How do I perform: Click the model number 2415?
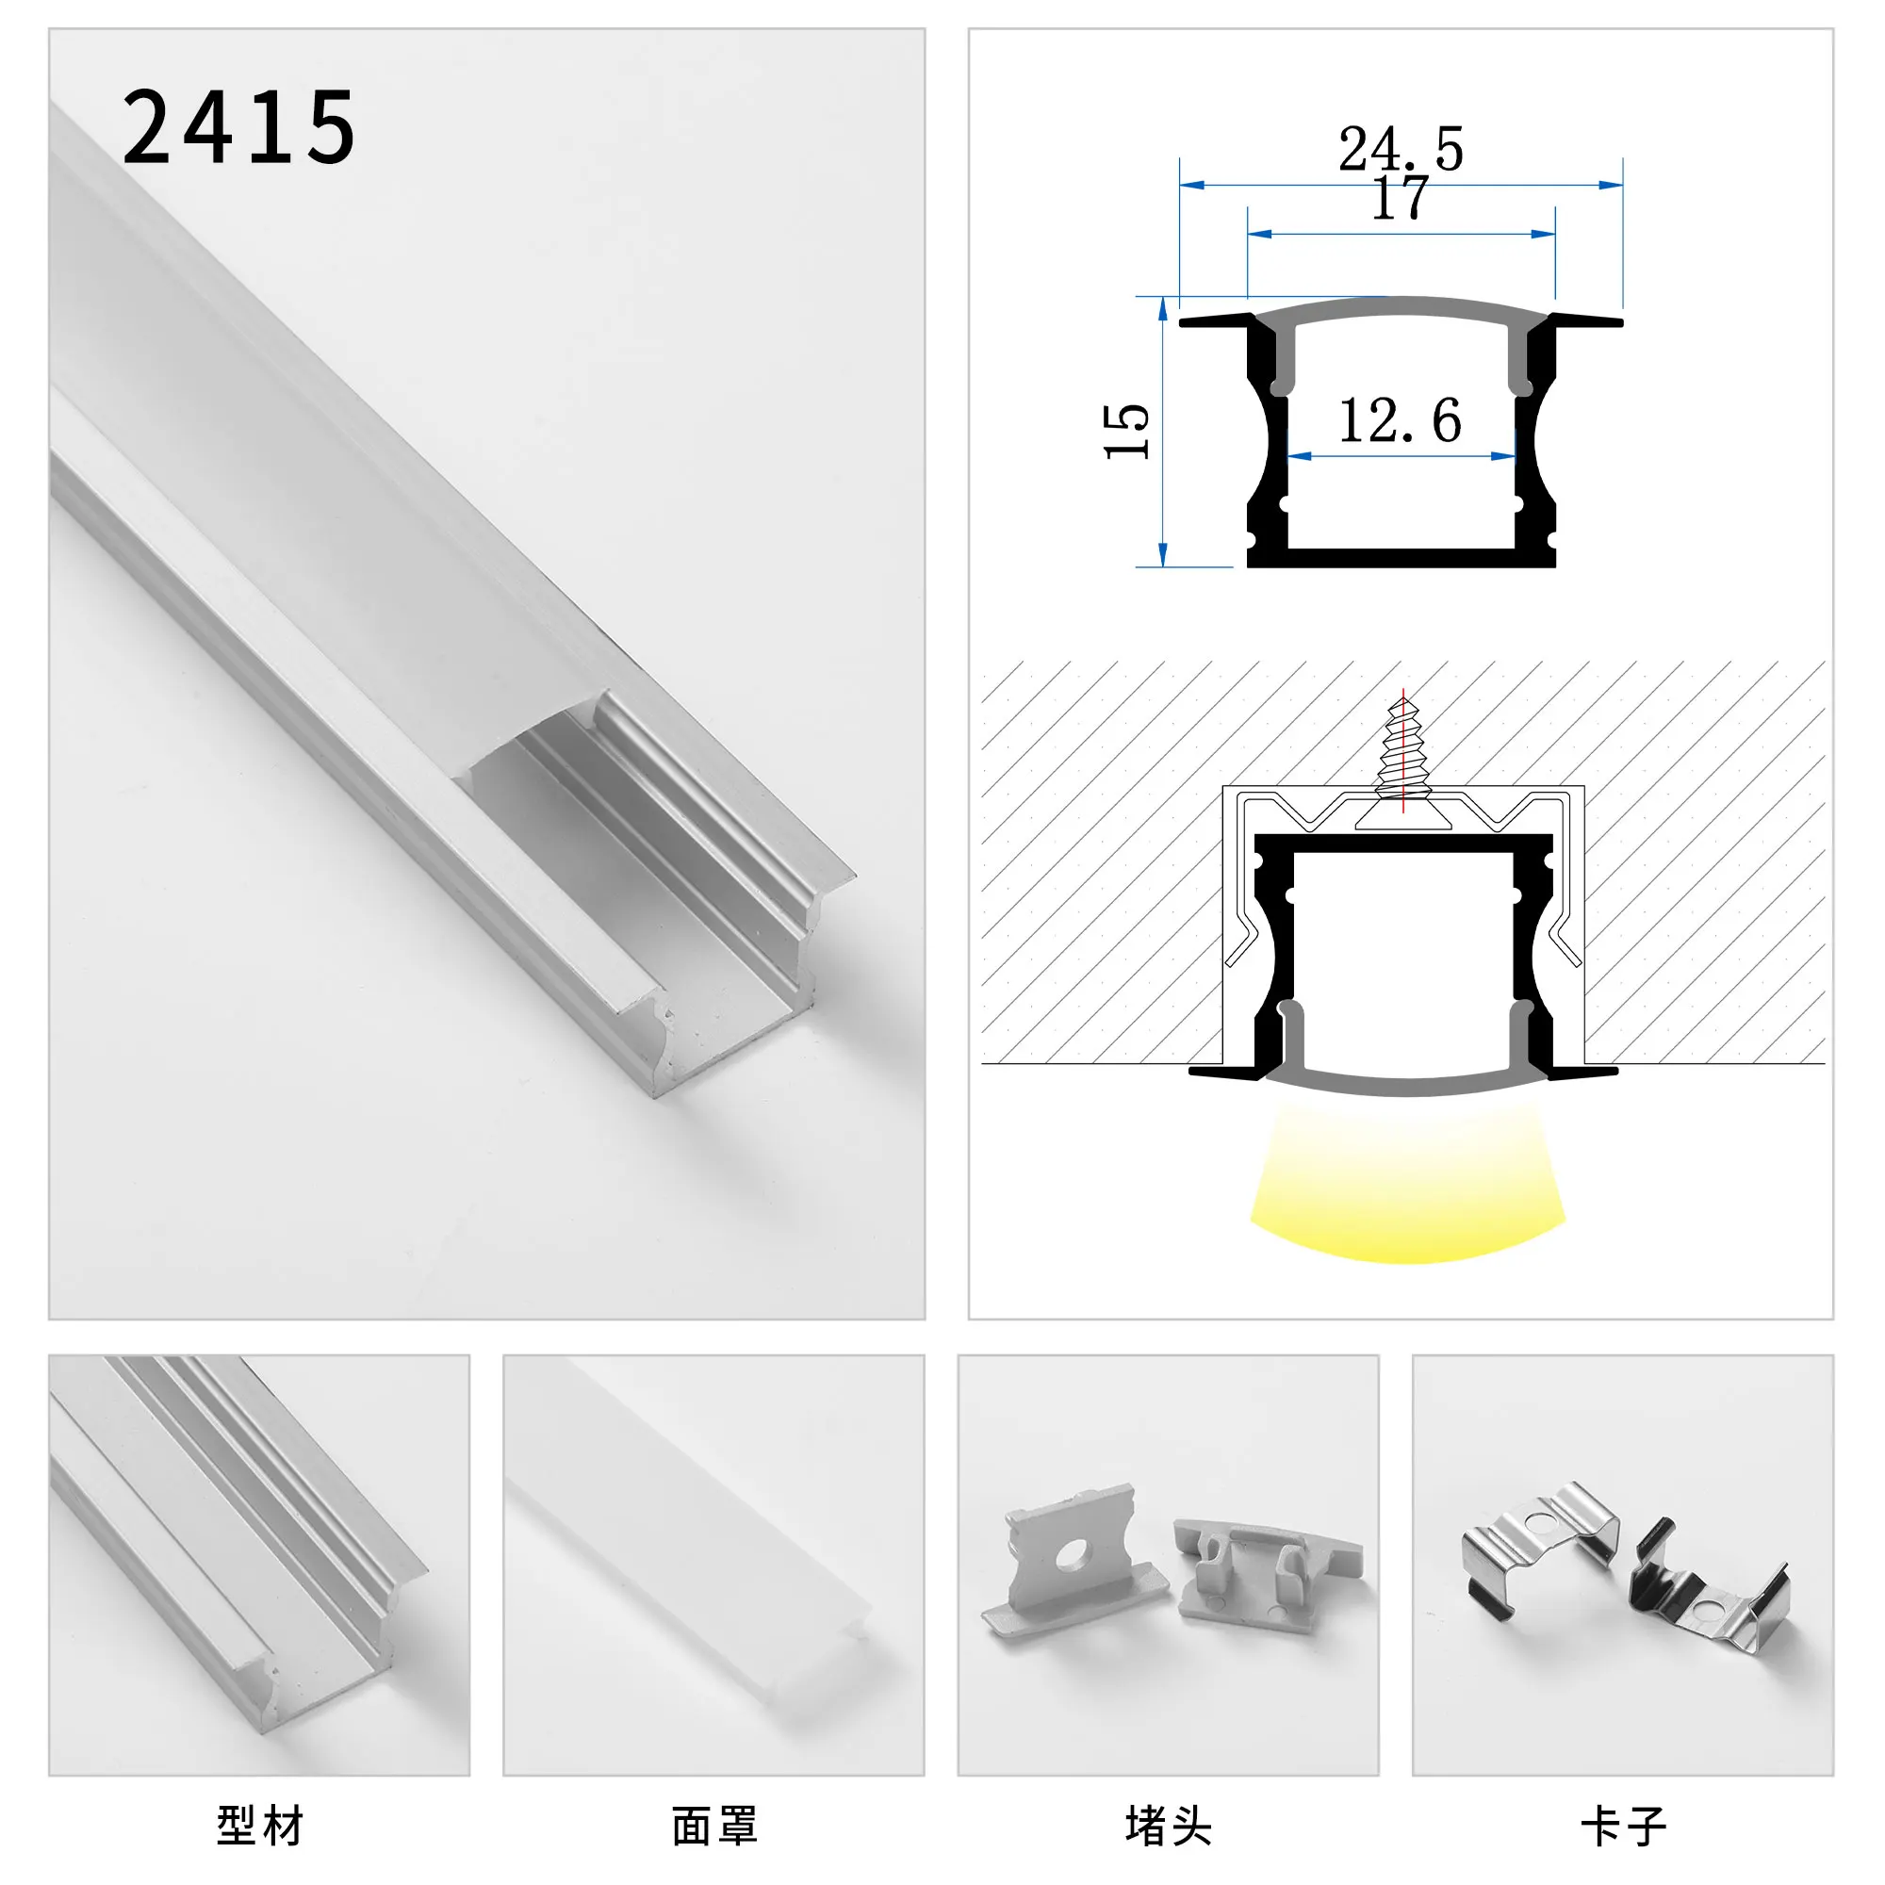click(239, 127)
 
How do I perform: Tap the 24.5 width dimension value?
click(1401, 148)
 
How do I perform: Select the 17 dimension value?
click(1401, 200)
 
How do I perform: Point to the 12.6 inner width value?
click(1401, 421)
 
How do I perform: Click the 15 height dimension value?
click(1127, 431)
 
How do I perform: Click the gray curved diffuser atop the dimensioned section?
click(1402, 308)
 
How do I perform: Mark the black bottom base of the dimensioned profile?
click(1402, 557)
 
